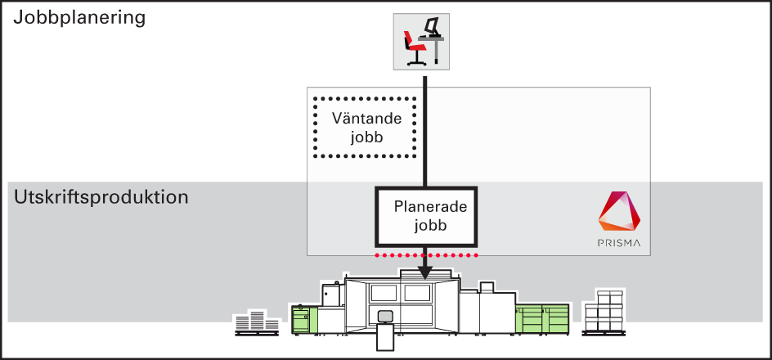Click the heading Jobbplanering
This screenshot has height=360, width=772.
coord(79,19)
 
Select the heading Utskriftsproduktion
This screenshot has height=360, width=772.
coord(101,197)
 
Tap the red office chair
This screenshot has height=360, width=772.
coord(414,47)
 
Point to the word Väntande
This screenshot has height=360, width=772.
coord(366,119)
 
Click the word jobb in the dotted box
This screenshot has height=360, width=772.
coord(367,138)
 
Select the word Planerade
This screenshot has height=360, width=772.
coord(430,207)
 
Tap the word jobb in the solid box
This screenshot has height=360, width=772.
coord(430,226)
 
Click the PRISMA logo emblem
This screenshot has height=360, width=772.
coord(619,211)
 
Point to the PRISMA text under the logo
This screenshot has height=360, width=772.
coord(619,243)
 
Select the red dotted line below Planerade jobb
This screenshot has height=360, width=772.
coord(426,255)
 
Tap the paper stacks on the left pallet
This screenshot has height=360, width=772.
coord(257,323)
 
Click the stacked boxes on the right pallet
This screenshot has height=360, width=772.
coord(604,313)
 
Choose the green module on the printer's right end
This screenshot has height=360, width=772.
coord(542,317)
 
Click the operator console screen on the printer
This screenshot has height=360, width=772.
coord(384,316)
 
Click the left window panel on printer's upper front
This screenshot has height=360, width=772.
coord(384,294)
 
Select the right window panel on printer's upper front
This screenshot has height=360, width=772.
coord(417,294)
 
